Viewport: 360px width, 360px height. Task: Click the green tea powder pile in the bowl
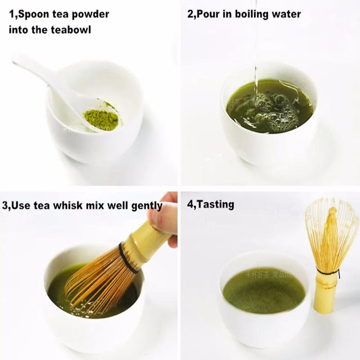[101, 118]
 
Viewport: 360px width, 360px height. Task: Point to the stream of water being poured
[255, 54]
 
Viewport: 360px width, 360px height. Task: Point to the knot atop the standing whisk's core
[332, 211]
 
